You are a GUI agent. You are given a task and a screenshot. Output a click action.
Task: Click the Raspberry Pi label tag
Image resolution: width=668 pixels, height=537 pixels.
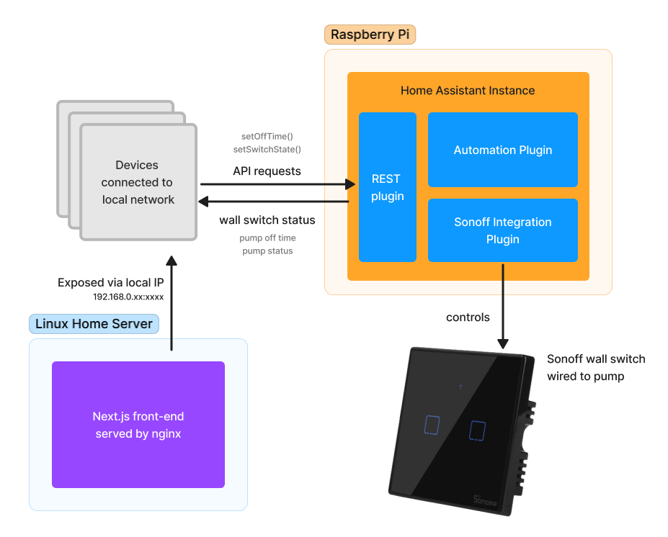[x=370, y=35]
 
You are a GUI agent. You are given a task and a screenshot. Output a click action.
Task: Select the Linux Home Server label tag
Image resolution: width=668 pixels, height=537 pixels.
[x=94, y=324]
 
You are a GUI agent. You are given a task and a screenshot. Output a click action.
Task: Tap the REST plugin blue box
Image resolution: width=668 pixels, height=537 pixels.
[x=387, y=187]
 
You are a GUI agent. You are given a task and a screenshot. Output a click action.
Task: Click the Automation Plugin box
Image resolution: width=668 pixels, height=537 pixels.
[x=502, y=150]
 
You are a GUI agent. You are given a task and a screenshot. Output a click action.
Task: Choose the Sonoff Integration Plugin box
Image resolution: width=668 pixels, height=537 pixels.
[x=502, y=230]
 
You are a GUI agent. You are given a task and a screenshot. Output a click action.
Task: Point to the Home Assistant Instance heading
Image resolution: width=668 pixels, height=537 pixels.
[x=468, y=91]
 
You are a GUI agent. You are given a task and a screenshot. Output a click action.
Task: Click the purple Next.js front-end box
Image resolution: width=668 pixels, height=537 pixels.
[x=138, y=425]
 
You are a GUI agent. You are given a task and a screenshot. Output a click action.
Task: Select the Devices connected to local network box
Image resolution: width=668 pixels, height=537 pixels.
[x=138, y=182]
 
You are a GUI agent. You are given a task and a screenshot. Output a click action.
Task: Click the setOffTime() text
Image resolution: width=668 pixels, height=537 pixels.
[x=267, y=136]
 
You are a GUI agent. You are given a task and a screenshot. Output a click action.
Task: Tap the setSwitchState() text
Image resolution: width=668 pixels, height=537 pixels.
[x=267, y=149]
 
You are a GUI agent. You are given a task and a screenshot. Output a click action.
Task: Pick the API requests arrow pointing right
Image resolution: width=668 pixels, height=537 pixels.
[x=274, y=185]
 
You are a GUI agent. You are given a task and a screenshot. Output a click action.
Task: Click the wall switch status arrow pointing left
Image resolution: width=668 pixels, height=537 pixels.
[x=274, y=202]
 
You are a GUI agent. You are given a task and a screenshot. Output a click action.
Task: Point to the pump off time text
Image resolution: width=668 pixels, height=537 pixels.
[x=267, y=238]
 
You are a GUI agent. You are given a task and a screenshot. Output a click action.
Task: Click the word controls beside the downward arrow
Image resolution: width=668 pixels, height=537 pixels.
[x=468, y=317]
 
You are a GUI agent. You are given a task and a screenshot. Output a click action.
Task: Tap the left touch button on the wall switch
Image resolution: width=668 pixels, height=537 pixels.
[x=432, y=425]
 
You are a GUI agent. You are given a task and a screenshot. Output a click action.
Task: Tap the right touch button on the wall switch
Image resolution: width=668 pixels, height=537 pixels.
[x=477, y=430]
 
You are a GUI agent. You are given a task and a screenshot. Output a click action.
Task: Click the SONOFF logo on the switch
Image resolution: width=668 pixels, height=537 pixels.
[x=486, y=498]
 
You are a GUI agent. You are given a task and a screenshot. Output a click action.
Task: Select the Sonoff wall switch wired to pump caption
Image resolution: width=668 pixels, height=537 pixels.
[x=596, y=367]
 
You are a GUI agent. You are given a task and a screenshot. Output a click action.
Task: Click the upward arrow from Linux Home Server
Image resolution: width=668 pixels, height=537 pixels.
[x=171, y=302]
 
